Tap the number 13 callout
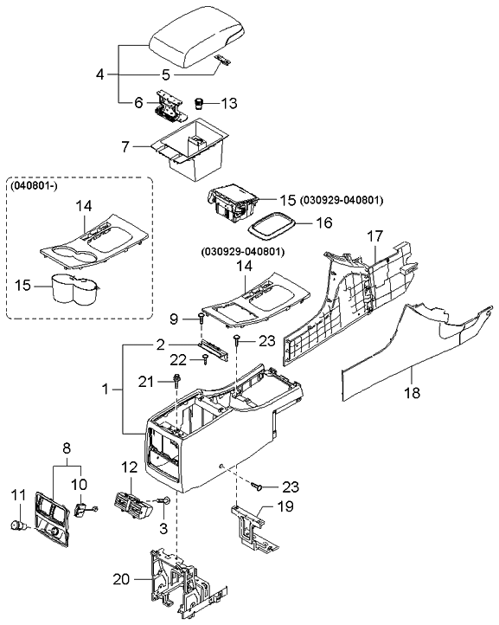pos(228,104)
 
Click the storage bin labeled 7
pos(190,152)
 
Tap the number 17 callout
pos(374,235)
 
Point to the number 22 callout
pos(177,359)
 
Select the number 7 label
pos(127,146)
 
